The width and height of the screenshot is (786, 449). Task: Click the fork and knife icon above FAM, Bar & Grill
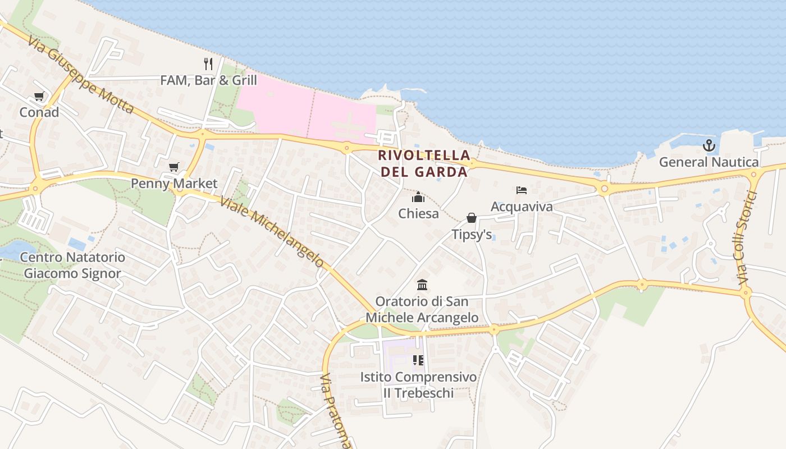pos(208,63)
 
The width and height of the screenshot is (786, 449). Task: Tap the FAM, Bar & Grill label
pos(208,80)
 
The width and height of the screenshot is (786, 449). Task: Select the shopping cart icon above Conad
pos(39,96)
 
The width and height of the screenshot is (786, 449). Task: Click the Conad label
pos(39,112)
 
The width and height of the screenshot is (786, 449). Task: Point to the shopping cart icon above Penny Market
pos(174,167)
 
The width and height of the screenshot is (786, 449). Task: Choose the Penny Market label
pos(174,184)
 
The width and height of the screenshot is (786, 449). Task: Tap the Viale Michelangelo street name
pos(272,231)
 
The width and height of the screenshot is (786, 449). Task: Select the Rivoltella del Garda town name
pos(423,163)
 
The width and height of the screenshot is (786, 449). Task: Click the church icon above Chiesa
pos(418,197)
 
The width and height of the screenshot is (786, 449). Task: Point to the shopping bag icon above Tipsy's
pos(472,217)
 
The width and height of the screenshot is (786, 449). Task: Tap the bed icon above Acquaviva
pos(522,190)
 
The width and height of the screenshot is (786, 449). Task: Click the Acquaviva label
pos(522,207)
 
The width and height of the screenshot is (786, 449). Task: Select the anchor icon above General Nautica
pos(709,145)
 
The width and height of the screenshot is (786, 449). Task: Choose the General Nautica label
pos(709,162)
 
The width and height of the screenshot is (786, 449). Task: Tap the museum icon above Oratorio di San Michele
pos(422,285)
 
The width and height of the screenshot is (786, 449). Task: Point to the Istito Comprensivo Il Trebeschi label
pos(418,384)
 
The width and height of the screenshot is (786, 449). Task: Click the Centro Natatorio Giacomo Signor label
pos(72,265)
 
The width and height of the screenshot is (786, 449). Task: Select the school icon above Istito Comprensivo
pos(418,360)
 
